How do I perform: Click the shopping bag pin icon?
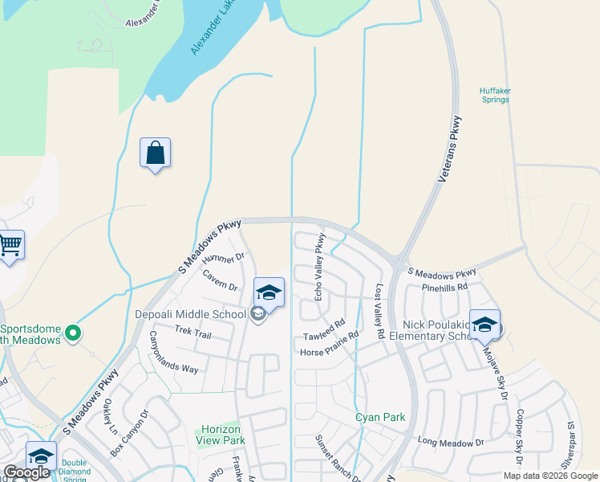tap(155, 153)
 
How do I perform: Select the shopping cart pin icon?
tap(10, 245)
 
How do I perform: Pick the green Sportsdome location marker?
tap(73, 332)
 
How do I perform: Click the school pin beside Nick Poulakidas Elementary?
tap(484, 325)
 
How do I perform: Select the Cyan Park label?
tap(381, 417)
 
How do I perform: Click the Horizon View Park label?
tap(221, 435)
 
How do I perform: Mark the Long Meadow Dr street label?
tap(452, 442)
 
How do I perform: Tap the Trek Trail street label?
tap(193, 333)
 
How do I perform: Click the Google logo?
tap(26, 472)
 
